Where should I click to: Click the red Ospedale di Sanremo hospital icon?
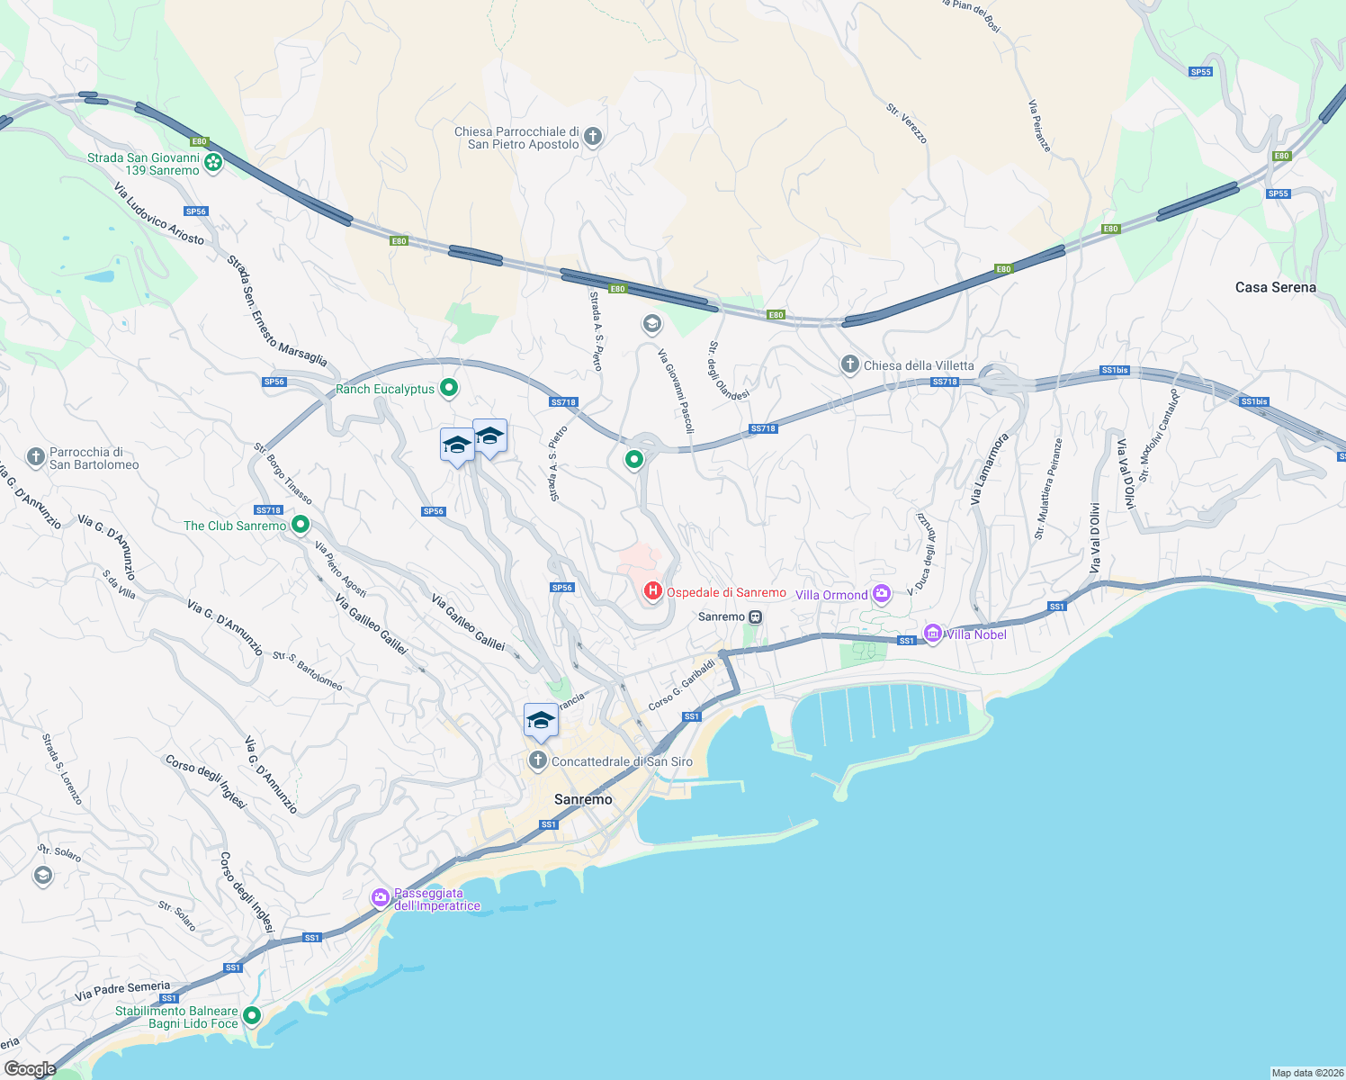point(652,591)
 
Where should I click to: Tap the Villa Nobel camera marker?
point(933,634)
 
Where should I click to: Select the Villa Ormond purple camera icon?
point(882,593)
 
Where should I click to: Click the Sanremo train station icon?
point(756,616)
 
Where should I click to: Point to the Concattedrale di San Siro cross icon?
point(537,761)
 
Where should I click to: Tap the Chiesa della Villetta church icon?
point(849,364)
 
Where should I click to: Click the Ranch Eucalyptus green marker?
point(449,389)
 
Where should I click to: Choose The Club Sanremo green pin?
point(301,524)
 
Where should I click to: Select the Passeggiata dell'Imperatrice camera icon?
point(381,897)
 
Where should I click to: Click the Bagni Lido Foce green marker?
point(252,1016)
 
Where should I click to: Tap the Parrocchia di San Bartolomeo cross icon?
point(35,457)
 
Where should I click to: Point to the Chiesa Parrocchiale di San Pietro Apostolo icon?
point(592,137)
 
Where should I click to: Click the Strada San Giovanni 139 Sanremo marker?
point(213,163)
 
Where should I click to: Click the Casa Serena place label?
point(1275,288)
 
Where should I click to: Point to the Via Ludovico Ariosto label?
point(158,214)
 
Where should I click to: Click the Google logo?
point(30,1069)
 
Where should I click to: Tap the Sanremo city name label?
point(583,799)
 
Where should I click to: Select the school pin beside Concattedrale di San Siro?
point(541,721)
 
